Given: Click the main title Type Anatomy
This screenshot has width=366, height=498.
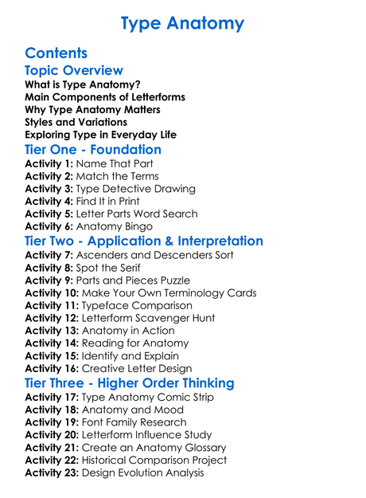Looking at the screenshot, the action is [183, 23].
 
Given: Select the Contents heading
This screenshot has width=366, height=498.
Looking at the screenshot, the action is [56, 53].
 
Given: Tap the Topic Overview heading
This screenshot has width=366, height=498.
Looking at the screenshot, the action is [74, 71].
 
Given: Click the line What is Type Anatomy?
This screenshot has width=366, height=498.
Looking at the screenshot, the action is [83, 84].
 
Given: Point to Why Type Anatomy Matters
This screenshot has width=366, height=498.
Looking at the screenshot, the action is [92, 110].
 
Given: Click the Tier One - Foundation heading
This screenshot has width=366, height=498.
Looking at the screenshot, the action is [93, 150].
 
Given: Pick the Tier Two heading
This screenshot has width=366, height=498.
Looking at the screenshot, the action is [144, 241].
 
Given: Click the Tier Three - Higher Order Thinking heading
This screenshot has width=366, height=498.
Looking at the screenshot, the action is [130, 383].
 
